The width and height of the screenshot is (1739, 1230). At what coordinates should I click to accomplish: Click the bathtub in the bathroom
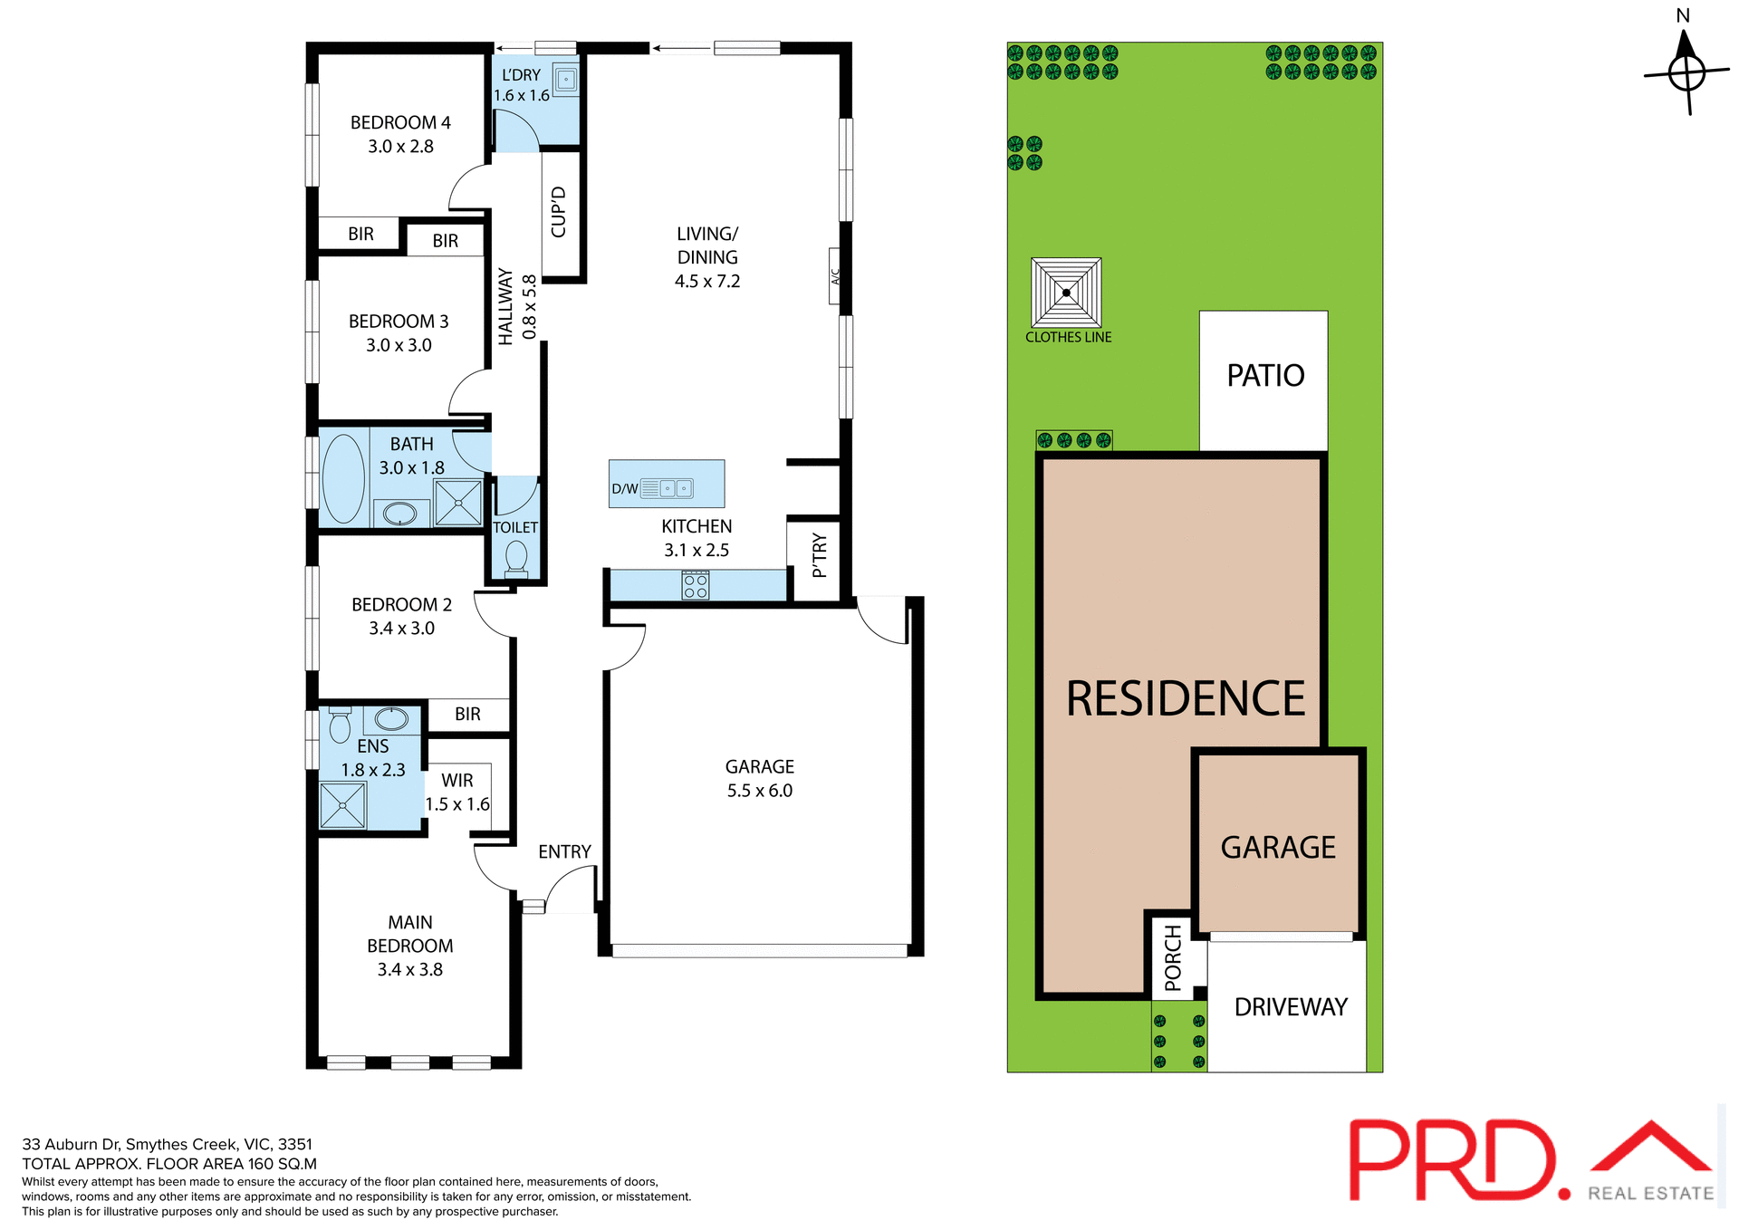pos(343,478)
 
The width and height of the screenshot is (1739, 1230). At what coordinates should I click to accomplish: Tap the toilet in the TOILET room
pos(516,557)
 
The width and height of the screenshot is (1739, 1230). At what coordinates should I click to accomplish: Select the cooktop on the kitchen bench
pos(696,585)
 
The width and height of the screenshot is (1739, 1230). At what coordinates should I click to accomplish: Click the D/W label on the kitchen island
pos(625,489)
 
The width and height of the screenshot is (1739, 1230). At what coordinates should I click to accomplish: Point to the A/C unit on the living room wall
pos(835,276)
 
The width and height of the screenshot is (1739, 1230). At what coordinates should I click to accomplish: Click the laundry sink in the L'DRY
pos(566,80)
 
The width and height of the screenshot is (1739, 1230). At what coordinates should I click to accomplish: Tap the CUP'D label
pos(559,212)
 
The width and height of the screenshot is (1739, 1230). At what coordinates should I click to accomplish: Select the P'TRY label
pos(820,555)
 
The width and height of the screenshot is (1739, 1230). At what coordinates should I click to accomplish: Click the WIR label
pos(457,781)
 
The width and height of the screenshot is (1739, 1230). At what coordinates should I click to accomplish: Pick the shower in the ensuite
pos(342,805)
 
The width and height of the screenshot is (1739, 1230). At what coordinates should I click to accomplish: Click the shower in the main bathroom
pos(458,503)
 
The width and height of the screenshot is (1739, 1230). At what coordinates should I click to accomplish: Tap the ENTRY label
pos(564,852)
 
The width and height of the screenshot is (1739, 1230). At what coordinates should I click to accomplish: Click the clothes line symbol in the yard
pos(1066,293)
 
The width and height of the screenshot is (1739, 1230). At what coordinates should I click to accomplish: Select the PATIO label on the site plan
pos(1265,376)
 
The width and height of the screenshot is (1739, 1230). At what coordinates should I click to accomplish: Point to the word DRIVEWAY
pos(1291,1007)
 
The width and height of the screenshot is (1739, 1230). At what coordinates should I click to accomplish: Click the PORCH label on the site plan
pos(1173,957)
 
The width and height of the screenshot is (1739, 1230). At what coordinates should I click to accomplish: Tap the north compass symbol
pos(1686,72)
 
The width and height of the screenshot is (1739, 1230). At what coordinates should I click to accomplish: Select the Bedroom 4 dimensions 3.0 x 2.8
pos(400,147)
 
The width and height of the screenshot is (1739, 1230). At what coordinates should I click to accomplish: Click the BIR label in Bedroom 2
pos(467,715)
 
